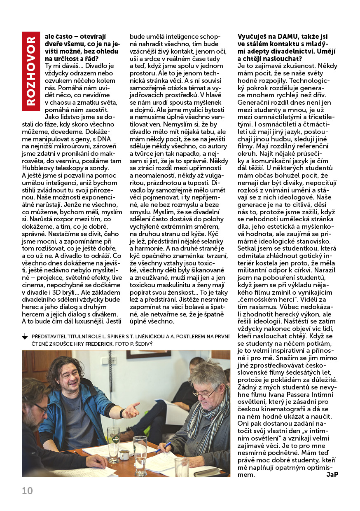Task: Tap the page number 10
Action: [x=27, y=491]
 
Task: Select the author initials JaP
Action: [x=332, y=475]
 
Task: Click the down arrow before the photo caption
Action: [x=25, y=337]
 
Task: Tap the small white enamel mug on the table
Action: [x=124, y=455]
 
